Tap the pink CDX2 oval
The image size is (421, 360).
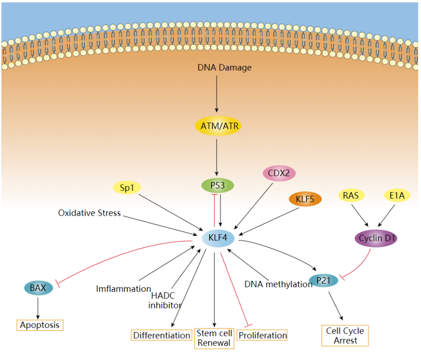coord(279,173)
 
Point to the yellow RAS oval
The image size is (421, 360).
coord(351,194)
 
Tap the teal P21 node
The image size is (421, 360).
coord(324,281)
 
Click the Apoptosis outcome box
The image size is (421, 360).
coord(40,325)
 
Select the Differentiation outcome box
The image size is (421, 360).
coord(162,335)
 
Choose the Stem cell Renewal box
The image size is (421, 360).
coord(214,338)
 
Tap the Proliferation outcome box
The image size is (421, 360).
coord(263,335)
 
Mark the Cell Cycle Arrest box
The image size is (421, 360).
coord(345,335)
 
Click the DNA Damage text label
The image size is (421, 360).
coord(224,68)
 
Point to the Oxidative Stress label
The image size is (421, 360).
coord(89,213)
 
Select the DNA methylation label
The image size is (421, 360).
coord(278,284)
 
